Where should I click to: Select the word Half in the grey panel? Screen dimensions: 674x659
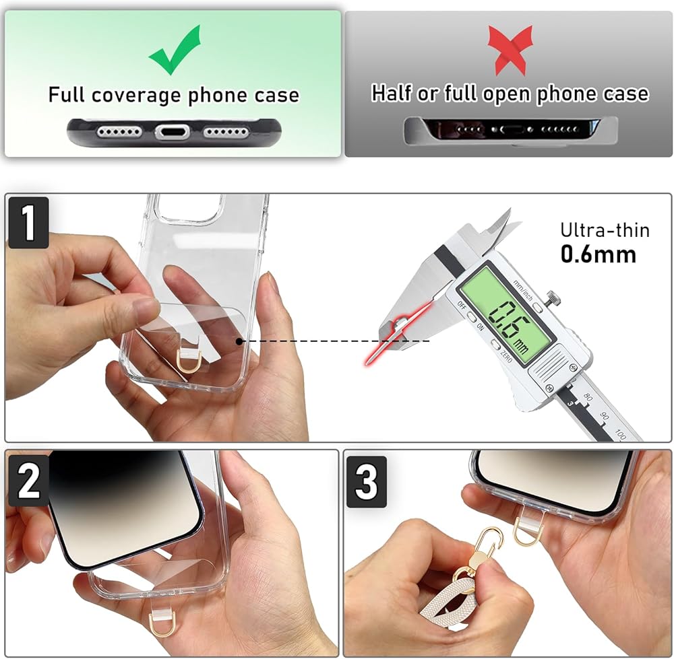tap(391, 93)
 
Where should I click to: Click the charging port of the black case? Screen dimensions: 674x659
tap(173, 131)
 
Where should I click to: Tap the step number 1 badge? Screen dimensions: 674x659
tap(28, 222)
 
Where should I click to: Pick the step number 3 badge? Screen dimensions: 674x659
tap(366, 482)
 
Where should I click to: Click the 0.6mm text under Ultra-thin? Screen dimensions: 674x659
tap(598, 254)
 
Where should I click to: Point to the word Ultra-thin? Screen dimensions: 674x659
tap(605, 230)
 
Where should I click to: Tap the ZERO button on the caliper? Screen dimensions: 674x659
tap(495, 345)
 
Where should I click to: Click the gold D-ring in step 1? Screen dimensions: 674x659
tap(189, 361)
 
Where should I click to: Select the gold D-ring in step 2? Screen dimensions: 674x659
tap(161, 625)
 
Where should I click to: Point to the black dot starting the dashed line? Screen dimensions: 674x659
tap(239, 341)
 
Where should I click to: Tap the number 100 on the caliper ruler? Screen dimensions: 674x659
tap(621, 433)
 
